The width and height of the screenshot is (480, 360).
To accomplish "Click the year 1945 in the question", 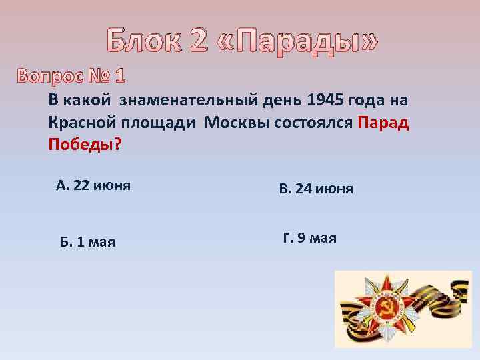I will point(325,101).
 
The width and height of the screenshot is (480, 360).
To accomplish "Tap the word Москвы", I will point(237,123).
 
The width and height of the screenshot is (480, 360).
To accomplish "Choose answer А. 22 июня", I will point(93,186).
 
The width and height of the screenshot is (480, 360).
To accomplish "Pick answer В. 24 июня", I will point(316,189).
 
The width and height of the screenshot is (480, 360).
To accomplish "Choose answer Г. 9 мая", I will point(310,238).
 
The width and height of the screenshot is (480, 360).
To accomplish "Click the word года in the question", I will point(371,101).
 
